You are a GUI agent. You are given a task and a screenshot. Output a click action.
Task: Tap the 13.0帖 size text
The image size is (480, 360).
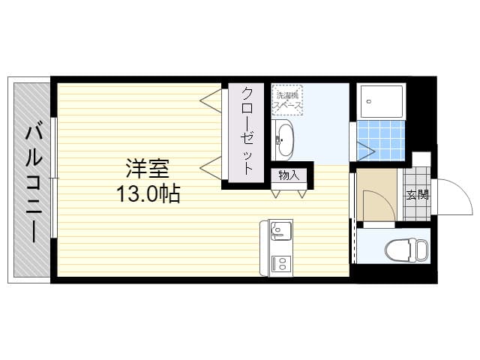148,195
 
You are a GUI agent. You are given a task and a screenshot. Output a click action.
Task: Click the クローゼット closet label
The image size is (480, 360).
247,131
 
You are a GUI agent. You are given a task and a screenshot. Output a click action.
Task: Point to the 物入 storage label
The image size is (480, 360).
289,176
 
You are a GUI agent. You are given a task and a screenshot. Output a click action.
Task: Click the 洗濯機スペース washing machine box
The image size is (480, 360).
287,100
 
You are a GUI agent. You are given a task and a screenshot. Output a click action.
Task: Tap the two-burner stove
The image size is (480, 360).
280,263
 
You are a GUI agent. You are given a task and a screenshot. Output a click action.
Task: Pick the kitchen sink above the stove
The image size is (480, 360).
279,228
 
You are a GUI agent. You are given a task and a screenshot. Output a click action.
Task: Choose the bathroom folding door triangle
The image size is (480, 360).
364,149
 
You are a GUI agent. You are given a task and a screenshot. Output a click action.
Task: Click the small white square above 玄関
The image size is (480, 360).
421,158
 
